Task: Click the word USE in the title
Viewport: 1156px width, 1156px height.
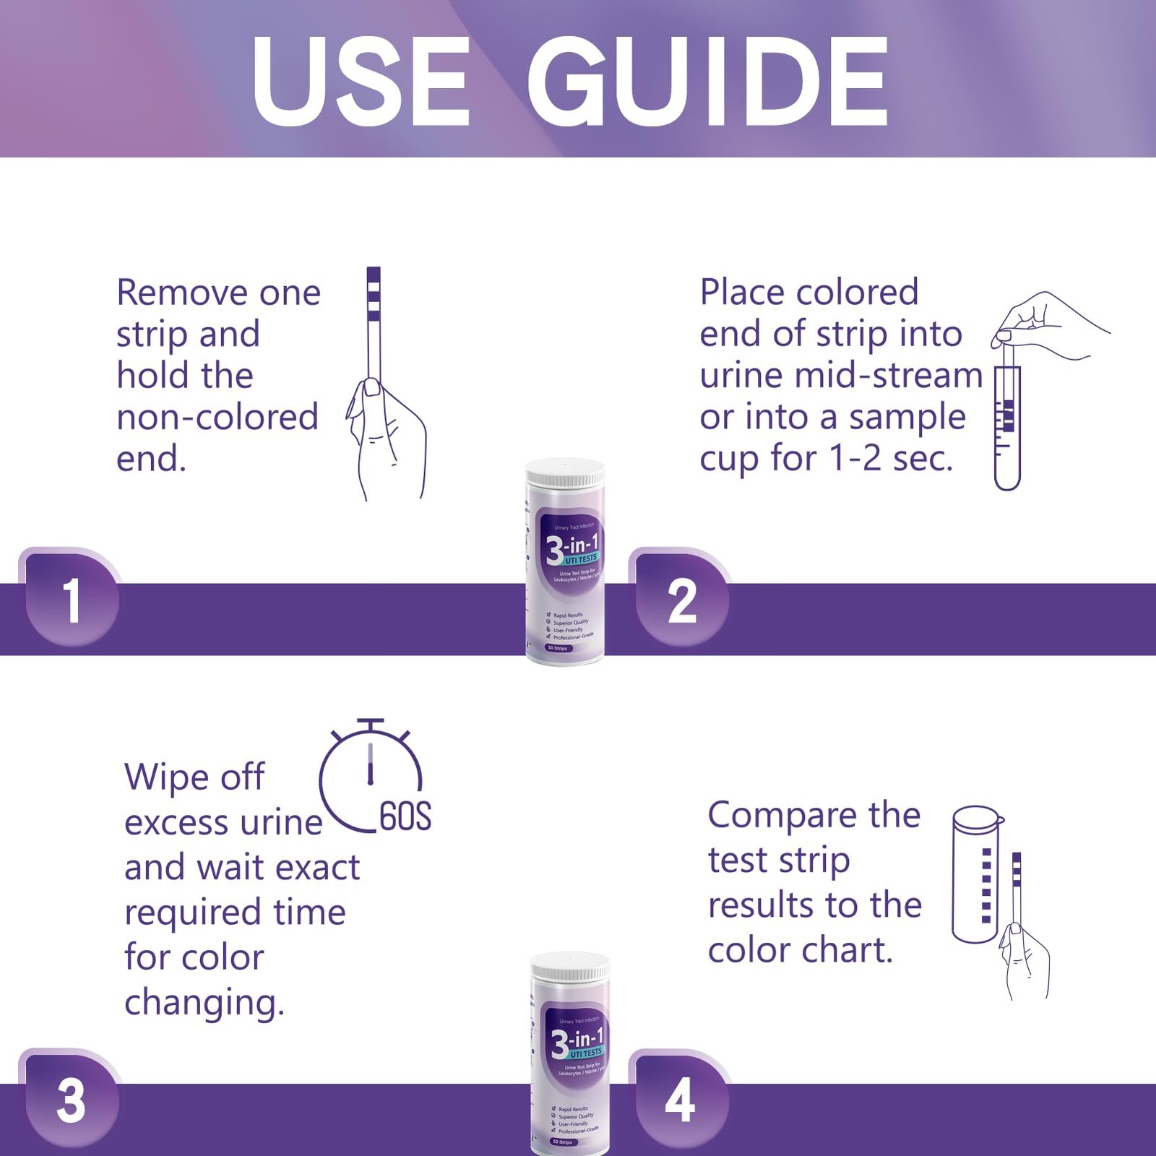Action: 361,81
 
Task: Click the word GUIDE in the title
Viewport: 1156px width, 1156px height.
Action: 708,81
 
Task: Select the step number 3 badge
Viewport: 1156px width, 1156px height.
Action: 71,1100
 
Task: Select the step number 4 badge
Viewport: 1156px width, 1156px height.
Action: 680,1100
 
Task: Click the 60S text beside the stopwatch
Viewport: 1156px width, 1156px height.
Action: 405,816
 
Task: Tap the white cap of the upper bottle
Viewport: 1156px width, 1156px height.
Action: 564,474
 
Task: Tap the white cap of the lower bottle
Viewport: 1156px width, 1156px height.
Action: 570,967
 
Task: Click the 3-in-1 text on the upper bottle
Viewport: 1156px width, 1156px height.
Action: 572,545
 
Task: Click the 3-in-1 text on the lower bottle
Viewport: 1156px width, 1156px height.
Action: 577,1041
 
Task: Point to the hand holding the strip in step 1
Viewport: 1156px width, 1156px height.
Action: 387,441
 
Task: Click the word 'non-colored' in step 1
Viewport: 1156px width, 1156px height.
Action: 217,417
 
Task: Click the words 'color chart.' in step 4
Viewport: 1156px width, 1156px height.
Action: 800,950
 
